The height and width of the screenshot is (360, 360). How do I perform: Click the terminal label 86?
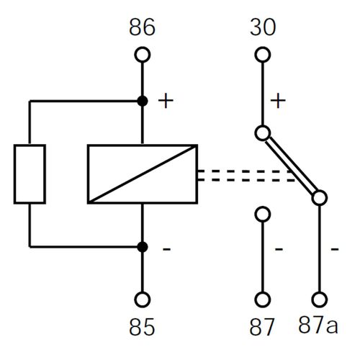pos(142,27)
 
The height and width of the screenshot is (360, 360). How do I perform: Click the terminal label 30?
pos(263,27)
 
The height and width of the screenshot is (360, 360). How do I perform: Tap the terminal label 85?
pos(142,327)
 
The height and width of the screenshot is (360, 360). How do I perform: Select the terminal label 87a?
pos(318,325)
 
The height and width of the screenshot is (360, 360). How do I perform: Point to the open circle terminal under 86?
pos(143,55)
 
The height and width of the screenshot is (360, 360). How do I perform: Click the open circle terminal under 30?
pos(263,55)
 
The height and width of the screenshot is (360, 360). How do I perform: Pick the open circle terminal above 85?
pos(143,300)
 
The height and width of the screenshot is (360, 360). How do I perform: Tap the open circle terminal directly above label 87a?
pos(320,300)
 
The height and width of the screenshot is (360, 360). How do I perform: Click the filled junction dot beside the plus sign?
pos(143,101)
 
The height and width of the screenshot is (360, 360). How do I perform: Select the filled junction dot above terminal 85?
pos(143,247)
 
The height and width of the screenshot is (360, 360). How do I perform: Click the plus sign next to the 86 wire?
pos(166,101)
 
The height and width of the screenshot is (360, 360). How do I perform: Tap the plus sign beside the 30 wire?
pos(278,101)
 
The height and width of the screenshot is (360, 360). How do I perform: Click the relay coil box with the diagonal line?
pos(143,174)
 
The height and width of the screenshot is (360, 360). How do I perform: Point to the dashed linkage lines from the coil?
pos(246,176)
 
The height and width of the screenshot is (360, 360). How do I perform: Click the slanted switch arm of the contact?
pos(291,166)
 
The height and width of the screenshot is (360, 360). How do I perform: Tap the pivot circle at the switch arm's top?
pos(263,133)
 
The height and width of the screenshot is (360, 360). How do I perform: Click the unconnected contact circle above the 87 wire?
pos(263,214)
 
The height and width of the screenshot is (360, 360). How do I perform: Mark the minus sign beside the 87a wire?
pos(335,249)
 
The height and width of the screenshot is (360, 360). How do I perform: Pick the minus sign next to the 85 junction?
pos(167,249)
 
